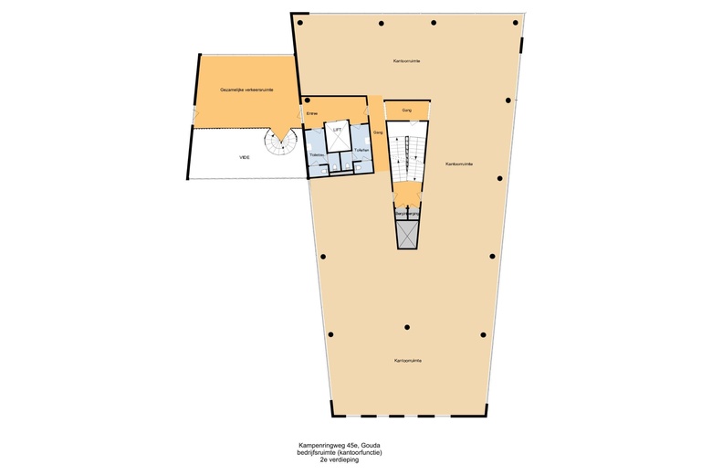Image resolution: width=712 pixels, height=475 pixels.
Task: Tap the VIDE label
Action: click(x=245, y=158)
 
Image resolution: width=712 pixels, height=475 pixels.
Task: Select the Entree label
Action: click(x=311, y=113)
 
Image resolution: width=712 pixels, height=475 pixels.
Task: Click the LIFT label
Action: click(x=337, y=132)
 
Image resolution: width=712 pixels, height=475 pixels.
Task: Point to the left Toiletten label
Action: click(x=317, y=156)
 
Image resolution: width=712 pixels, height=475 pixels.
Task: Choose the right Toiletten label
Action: click(x=361, y=149)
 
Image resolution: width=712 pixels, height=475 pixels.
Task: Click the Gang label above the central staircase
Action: click(x=406, y=111)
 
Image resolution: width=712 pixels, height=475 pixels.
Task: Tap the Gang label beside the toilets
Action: click(x=376, y=133)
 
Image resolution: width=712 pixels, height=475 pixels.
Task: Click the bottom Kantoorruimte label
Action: click(x=407, y=360)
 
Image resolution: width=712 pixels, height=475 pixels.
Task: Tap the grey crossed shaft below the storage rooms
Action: click(x=406, y=235)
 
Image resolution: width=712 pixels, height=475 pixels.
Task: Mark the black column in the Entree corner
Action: click(x=305, y=100)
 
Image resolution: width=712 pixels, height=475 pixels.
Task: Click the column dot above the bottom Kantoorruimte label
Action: click(x=407, y=327)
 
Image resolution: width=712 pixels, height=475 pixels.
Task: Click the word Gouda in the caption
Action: click(x=372, y=446)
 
